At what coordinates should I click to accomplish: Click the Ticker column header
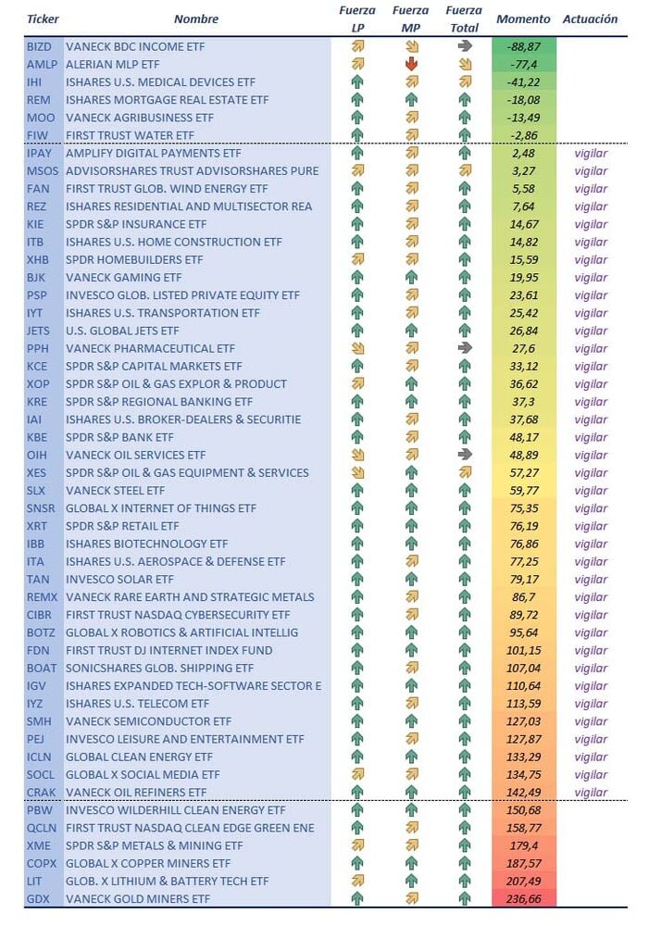[43, 19]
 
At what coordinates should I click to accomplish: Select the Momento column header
[523, 19]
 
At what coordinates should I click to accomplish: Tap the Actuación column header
[590, 19]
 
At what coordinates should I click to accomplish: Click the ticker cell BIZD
[39, 45]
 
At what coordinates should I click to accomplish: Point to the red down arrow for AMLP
[411, 64]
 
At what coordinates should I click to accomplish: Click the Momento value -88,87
[523, 45]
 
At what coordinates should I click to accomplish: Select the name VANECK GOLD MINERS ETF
[138, 898]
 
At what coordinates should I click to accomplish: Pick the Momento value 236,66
[523, 898]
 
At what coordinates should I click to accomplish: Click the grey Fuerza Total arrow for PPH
[464, 348]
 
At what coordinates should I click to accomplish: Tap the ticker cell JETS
[39, 331]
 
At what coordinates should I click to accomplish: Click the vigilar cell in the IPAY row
[591, 153]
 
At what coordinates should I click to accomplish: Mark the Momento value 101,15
[523, 650]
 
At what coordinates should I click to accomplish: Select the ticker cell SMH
[39, 721]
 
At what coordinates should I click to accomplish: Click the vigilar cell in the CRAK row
[591, 793]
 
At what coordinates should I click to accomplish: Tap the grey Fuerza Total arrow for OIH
[464, 455]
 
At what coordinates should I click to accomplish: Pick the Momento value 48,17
[523, 437]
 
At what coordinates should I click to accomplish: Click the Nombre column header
[196, 19]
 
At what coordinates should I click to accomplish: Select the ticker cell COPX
[41, 863]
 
